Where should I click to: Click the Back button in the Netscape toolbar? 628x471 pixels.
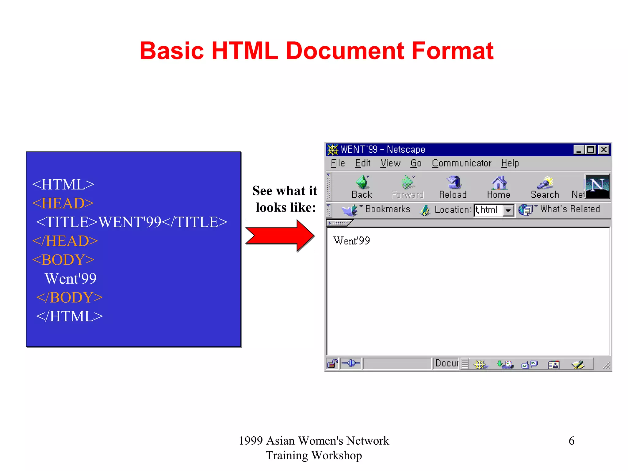(362, 186)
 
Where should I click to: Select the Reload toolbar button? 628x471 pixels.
(453, 186)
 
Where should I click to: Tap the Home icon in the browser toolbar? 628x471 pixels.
(499, 186)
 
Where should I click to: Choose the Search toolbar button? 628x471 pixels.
(545, 186)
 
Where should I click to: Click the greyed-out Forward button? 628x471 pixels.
(408, 186)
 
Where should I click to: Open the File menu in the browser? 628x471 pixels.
(338, 163)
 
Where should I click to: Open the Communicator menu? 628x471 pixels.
(461, 163)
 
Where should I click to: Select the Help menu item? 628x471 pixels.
(510, 163)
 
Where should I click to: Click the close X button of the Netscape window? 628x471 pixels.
(603, 150)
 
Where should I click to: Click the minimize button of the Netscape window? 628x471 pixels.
(579, 150)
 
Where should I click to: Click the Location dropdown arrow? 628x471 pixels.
(508, 210)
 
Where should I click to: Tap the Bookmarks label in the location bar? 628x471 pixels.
(387, 209)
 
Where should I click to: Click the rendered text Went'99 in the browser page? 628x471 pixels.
(351, 241)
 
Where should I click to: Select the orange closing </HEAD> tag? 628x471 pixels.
(65, 241)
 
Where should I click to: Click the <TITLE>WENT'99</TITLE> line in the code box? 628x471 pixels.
(132, 222)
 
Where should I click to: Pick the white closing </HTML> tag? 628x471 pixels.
(70, 316)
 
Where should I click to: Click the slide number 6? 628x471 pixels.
(571, 441)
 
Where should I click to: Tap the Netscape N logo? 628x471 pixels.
(597, 186)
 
